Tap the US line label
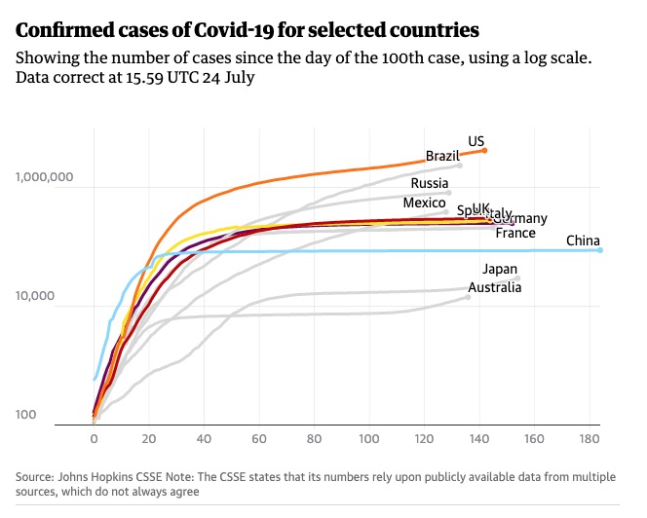476,141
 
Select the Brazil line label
442,156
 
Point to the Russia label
430,183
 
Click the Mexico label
424,203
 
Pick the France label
515,234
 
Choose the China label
583,241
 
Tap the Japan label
500,270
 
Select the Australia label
495,287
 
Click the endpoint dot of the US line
485,150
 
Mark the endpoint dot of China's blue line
600,250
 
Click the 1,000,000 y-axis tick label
45,178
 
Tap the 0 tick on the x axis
94,439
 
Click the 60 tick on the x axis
258,439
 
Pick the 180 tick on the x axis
589,439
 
